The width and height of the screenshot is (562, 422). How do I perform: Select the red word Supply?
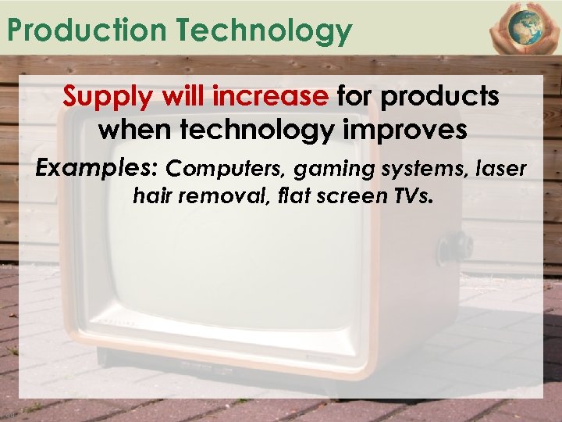click(x=110, y=97)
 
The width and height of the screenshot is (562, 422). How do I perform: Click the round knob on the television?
click(x=454, y=248)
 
